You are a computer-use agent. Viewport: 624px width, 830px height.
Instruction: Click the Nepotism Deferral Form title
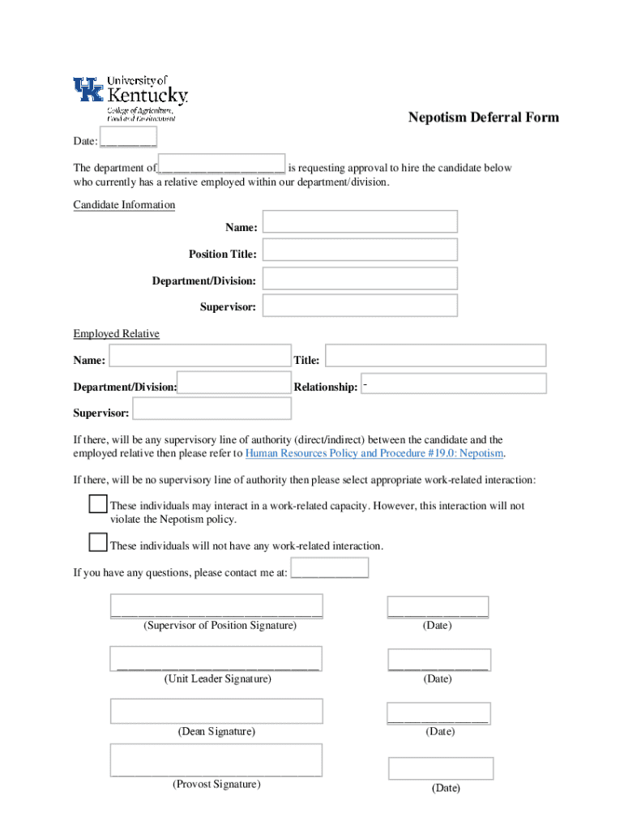[x=483, y=118]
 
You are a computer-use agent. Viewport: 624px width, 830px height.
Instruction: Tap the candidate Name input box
[x=360, y=222]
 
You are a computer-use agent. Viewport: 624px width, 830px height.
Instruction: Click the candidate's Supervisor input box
[x=360, y=306]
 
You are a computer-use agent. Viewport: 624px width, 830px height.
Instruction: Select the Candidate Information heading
[x=124, y=205]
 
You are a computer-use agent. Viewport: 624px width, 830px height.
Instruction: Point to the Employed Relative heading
[x=116, y=334]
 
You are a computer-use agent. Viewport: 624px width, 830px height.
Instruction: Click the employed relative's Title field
[x=435, y=356]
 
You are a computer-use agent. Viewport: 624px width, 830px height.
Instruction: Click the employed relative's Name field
[x=199, y=356]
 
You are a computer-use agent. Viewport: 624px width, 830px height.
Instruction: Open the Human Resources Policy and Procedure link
[x=374, y=453]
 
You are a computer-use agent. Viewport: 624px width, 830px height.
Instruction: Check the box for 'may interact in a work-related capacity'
[x=98, y=504]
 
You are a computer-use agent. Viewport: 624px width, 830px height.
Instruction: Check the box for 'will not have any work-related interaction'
[x=98, y=542]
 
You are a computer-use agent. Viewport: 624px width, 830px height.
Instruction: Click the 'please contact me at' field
[x=329, y=567]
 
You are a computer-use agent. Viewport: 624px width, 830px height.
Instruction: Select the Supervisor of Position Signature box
[x=217, y=606]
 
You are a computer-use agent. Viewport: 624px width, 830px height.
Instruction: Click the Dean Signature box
[x=216, y=711]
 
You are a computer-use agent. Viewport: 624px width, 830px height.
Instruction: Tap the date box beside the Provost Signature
[x=441, y=768]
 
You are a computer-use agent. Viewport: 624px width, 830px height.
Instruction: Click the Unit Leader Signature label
[x=217, y=678]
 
